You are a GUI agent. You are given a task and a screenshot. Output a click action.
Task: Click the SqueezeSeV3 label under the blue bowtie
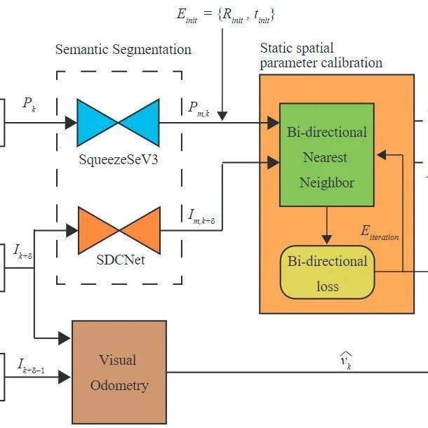pyautogui.click(x=119, y=160)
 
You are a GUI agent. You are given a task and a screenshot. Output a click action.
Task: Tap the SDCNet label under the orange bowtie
pyautogui.click(x=121, y=260)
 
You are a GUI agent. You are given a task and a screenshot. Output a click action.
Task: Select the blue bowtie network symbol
pyautogui.click(x=118, y=123)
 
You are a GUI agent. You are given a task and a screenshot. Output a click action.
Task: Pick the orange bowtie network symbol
pyautogui.click(x=119, y=231)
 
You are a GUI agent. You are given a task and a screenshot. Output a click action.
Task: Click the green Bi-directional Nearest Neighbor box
pyautogui.click(x=327, y=154)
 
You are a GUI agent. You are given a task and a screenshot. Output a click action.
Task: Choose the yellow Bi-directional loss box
pyautogui.click(x=327, y=272)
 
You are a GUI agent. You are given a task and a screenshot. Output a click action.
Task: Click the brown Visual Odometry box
pyautogui.click(x=119, y=372)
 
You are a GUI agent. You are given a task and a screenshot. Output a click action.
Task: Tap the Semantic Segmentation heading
pyautogui.click(x=123, y=49)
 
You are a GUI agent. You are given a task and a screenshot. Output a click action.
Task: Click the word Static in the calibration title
pyautogui.click(x=276, y=48)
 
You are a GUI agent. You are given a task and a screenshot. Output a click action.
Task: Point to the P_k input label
pyautogui.click(x=29, y=105)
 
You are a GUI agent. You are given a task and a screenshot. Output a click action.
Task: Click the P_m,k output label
pyautogui.click(x=199, y=109)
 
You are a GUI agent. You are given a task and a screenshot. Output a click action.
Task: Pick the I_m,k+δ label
pyautogui.click(x=201, y=217)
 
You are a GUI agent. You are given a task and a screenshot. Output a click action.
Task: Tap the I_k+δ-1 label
pyautogui.click(x=31, y=366)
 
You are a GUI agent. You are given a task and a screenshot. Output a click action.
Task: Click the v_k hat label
pyautogui.click(x=346, y=361)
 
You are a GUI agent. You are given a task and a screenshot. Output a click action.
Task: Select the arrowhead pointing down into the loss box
pyautogui.click(x=327, y=239)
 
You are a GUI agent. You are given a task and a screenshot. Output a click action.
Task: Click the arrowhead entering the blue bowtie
pyautogui.click(x=71, y=123)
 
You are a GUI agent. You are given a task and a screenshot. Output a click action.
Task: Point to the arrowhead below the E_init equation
pyautogui.click(x=222, y=116)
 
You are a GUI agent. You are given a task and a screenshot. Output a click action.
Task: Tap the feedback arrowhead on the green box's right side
pyautogui.click(x=381, y=155)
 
